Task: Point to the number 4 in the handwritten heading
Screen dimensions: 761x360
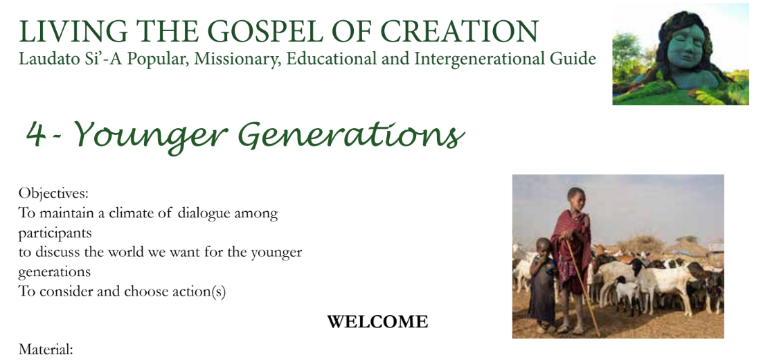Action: click(36, 134)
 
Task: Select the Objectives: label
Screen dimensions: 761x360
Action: click(53, 194)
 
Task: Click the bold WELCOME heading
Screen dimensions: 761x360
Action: click(377, 322)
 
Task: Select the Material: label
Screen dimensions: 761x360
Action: click(46, 350)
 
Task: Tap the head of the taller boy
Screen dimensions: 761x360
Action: click(576, 198)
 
